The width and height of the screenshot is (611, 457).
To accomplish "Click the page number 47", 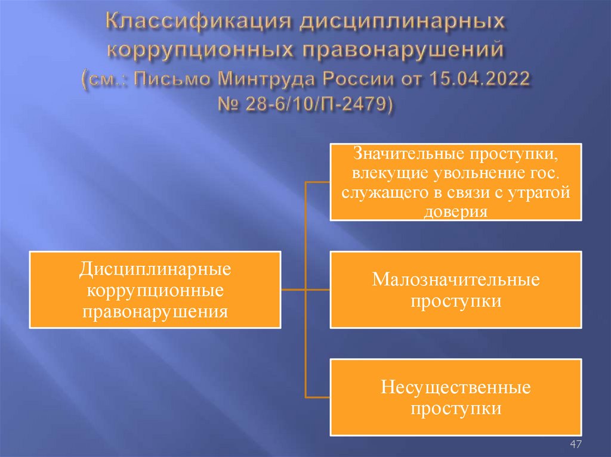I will tap(576, 444).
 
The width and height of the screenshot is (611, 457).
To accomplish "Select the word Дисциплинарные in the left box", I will tap(155, 269).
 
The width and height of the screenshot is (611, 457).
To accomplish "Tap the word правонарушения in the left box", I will tap(155, 311).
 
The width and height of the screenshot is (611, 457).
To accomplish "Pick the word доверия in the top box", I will tap(456, 210).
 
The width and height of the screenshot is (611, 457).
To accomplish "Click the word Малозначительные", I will tap(456, 279).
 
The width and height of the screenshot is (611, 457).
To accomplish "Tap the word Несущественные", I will tap(456, 388).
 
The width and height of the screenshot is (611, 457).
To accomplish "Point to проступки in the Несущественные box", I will tap(456, 409).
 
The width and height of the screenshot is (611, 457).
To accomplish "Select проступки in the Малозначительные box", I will tap(456, 301).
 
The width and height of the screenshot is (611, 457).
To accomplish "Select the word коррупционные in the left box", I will tap(155, 290).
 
